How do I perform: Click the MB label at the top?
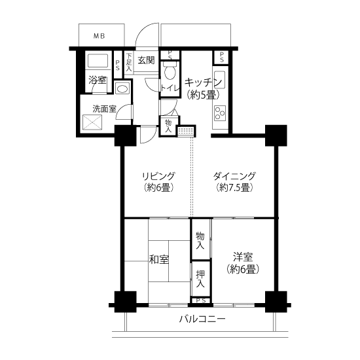[x=99, y=36]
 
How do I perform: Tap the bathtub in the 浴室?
[x=98, y=61]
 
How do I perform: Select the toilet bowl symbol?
[x=170, y=70]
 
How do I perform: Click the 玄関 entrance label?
[x=146, y=60]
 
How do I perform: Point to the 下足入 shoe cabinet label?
[x=129, y=62]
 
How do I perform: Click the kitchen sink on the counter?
[x=219, y=80]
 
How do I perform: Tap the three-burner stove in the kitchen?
[x=220, y=113]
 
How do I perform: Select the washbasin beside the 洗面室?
[x=122, y=88]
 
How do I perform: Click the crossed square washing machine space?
[x=92, y=122]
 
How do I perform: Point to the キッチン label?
[x=203, y=82]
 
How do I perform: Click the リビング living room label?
[x=158, y=176]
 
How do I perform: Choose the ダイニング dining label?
[x=234, y=176]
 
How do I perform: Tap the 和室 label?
[x=159, y=260]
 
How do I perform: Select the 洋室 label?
[x=243, y=257]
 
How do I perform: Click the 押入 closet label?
[x=200, y=278]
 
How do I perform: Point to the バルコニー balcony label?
[x=202, y=319]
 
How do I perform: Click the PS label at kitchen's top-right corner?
[x=221, y=57]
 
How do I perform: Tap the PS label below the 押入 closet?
[x=201, y=300]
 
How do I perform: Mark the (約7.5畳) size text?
[x=234, y=188]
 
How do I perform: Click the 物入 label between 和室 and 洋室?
[x=200, y=240]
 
